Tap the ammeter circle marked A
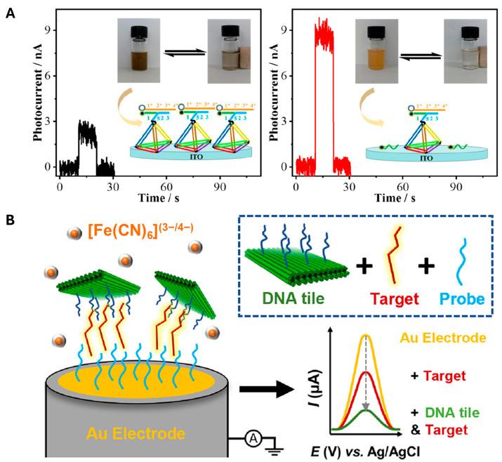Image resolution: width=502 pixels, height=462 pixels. pos(253,438)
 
